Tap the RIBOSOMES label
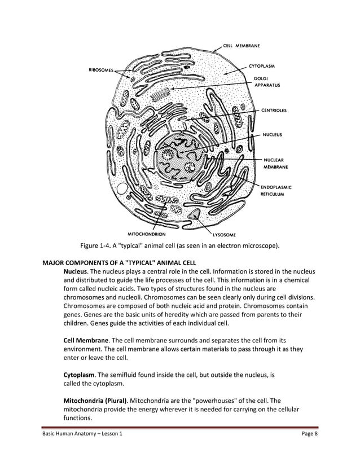100,71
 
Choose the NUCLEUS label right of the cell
273,135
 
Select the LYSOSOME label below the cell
224,234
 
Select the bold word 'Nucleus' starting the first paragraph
75,272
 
